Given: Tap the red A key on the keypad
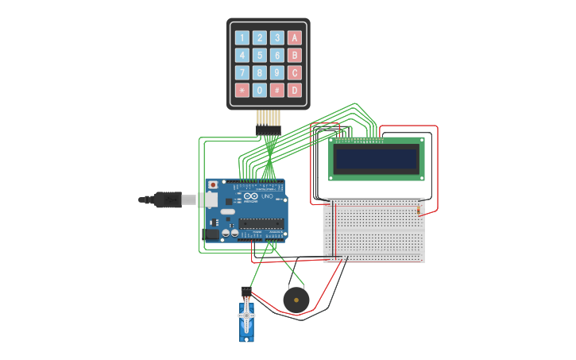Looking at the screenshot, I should [295, 37].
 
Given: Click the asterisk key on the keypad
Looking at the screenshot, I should [242, 90].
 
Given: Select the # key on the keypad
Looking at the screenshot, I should [277, 90].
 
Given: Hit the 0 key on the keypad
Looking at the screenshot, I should [260, 90].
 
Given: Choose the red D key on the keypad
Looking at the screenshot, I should [295, 90].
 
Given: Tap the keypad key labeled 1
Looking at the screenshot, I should [242, 37].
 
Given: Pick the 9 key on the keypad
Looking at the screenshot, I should [277, 72].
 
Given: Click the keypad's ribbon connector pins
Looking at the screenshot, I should [269, 120].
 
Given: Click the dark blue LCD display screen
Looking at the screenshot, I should [377, 159].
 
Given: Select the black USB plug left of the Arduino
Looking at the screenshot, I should [167, 199].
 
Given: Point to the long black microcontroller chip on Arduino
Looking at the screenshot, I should [261, 223].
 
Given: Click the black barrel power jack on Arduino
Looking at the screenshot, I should [211, 234].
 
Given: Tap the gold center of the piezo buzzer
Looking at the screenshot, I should [296, 300].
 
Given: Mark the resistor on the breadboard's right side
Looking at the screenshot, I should [419, 210].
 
